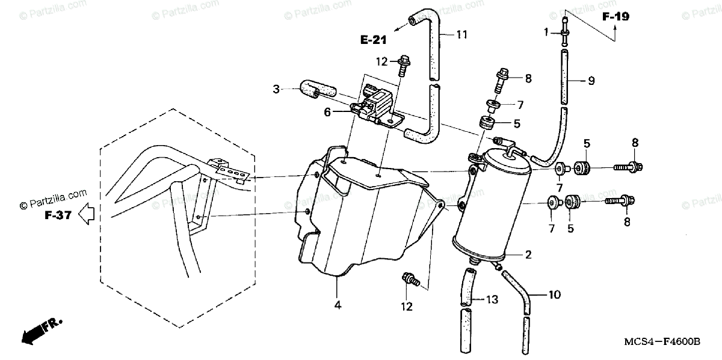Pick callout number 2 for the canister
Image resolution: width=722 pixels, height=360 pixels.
coord(528,255)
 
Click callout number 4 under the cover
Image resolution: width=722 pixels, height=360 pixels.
coord(338,306)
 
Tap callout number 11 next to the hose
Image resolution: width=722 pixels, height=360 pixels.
coord(461,34)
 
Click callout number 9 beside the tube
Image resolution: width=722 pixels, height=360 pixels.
coord(591,80)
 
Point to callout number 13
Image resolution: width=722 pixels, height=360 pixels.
coord(492,299)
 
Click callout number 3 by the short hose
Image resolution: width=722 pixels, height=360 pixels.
coord(276,90)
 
